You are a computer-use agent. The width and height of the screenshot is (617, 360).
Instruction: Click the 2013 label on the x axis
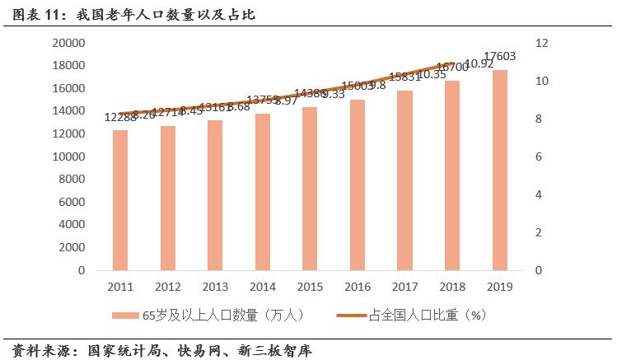[215, 286]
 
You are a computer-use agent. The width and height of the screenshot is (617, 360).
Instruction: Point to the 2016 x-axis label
[358, 286]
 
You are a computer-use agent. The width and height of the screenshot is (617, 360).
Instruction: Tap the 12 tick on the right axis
[540, 43]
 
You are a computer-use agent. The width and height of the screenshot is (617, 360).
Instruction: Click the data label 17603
[500, 56]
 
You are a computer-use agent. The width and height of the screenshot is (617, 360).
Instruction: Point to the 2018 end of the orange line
[452, 64]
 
